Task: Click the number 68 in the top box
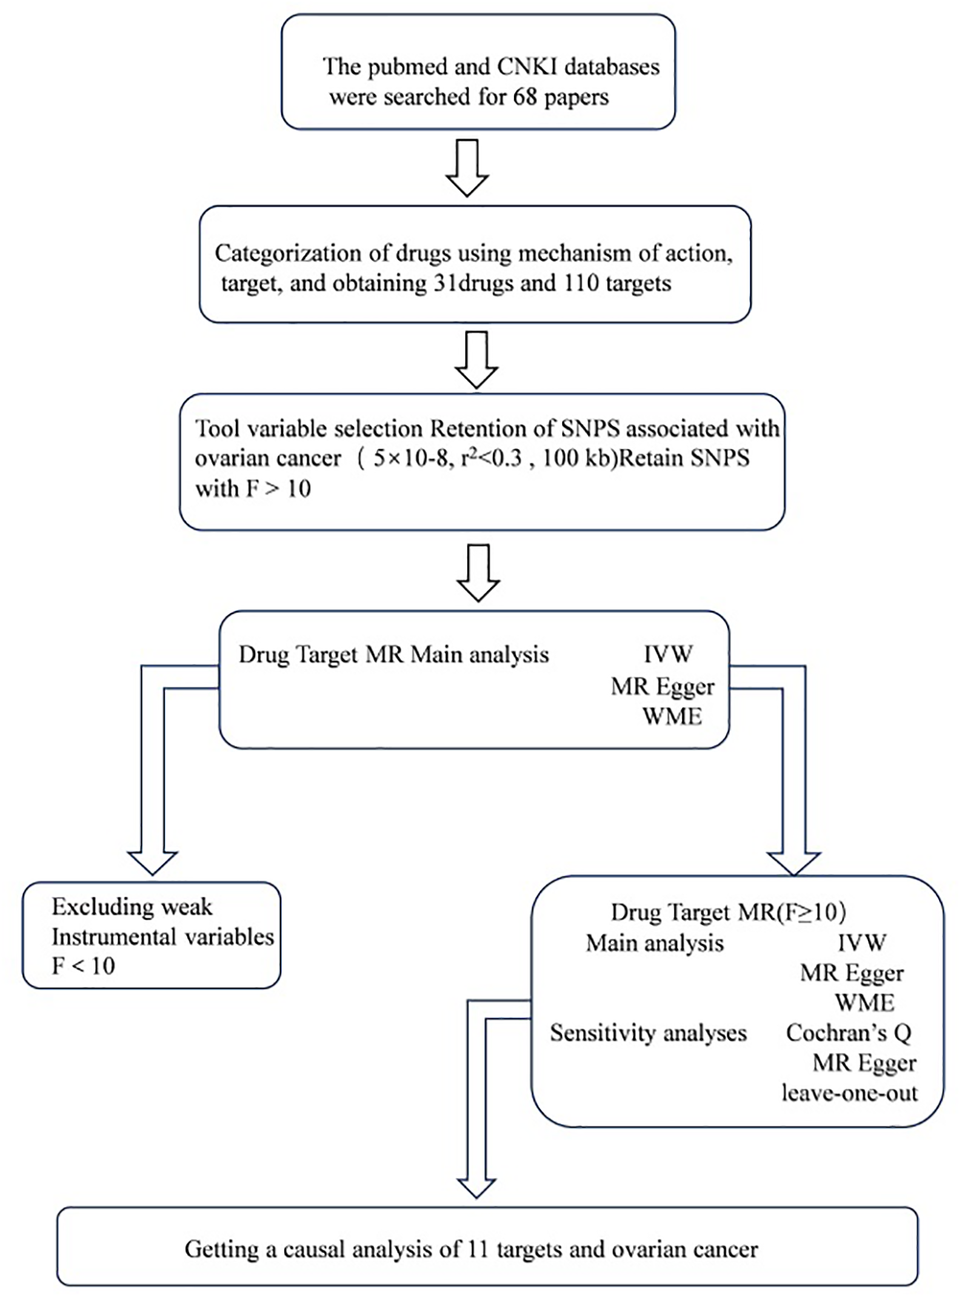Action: pos(524,97)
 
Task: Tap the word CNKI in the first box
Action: pos(527,67)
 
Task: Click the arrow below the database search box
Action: pos(467,168)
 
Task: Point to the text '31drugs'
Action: pos(473,284)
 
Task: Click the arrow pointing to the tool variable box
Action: pos(476,359)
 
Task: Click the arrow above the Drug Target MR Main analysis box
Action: pos(478,573)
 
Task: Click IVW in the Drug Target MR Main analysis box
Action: pos(668,655)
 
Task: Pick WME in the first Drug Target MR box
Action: pos(672,717)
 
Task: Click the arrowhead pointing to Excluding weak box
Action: pos(153,862)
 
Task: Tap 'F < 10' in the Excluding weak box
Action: pos(83,966)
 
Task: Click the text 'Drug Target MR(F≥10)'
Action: pos(728,912)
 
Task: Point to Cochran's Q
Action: pos(848,1033)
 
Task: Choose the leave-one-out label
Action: pos(849,1093)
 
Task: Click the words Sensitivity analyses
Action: pos(648,1033)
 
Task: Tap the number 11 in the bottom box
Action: pos(478,1250)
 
